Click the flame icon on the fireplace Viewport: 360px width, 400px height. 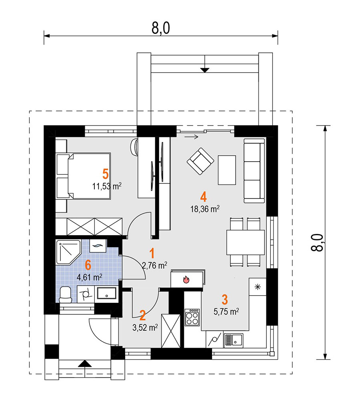pos(186,279)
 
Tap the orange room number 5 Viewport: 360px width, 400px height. pos(105,174)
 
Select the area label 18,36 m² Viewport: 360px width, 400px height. pos(205,209)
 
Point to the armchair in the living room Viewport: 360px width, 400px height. pos(200,161)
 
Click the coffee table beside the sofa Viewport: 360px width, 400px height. pos(227,170)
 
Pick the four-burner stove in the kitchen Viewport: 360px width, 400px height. pos(192,317)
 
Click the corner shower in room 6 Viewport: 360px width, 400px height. pos(68,252)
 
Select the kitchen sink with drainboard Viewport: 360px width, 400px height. pos(233,340)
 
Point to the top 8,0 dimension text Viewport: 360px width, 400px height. pos(161,28)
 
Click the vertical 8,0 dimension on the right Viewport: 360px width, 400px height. pos(317,243)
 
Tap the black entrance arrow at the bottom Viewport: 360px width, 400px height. pos(85,364)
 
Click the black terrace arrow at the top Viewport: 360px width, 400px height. pos(205,70)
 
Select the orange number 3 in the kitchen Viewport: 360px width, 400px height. pos(225,300)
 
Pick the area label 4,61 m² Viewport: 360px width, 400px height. pos(90,277)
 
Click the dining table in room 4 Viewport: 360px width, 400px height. pos(246,242)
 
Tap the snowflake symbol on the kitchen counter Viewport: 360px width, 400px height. pos(258,287)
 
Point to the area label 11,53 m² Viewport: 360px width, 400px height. pos(107,186)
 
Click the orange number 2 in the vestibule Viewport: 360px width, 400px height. pos(143,316)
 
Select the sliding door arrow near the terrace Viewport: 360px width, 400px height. pos(192,137)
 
